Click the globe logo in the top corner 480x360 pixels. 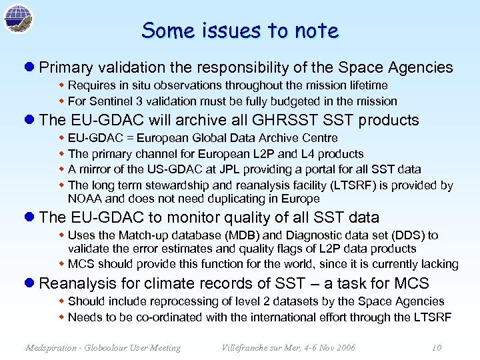pos(18,18)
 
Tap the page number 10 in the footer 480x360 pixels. pos(437,347)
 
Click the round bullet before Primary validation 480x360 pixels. pos(29,67)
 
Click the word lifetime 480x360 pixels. pos(365,85)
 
